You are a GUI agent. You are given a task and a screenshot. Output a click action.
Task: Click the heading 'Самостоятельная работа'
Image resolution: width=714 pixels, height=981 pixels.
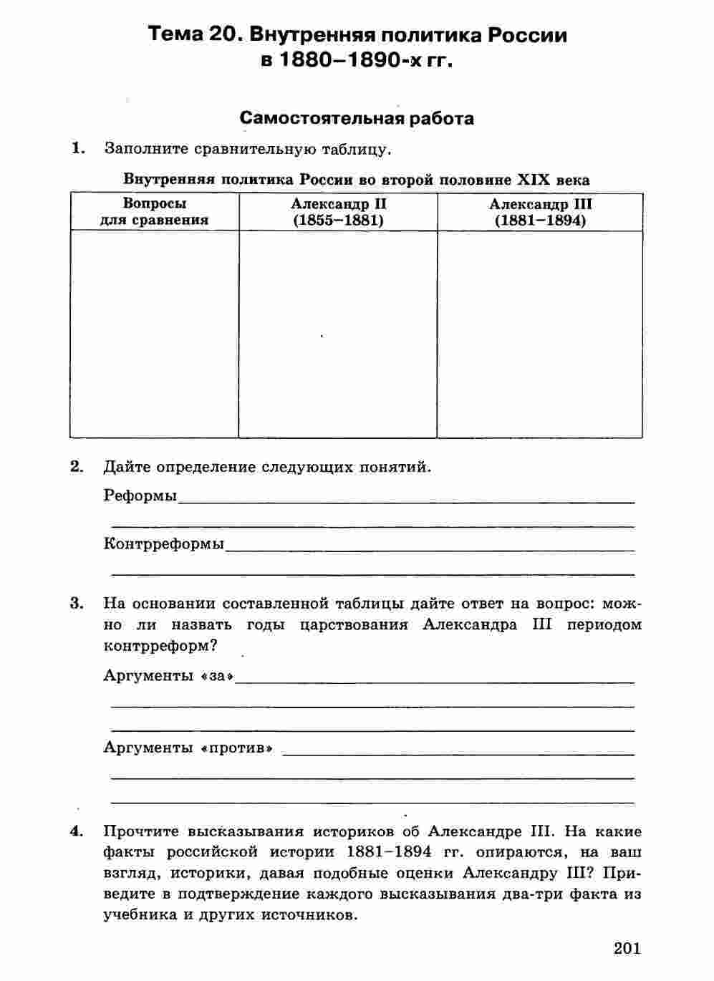coord(357,118)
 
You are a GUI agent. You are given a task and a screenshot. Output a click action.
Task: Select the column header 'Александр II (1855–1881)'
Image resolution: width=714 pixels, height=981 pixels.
coord(338,212)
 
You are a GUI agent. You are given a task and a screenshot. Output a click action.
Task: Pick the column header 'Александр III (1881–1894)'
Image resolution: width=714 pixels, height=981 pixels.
coord(540,212)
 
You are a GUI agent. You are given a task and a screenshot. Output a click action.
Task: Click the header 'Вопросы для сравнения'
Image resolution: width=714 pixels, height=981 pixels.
coord(154,212)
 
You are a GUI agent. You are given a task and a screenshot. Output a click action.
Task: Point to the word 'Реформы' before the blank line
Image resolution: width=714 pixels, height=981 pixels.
coord(140,495)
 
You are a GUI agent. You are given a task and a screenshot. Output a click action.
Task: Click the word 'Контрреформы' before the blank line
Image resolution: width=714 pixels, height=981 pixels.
coord(163,543)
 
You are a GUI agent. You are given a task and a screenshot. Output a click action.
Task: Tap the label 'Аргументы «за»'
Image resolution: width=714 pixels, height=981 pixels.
coord(169,675)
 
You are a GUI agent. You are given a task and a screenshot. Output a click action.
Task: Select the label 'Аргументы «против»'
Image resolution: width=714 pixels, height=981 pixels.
coord(189,748)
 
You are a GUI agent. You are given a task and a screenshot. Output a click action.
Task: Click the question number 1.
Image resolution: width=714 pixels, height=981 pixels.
coord(77,148)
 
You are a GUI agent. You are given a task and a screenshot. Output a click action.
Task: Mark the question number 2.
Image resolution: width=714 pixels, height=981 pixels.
coord(77,467)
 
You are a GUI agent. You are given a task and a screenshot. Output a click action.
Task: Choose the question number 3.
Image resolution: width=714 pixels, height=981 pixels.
coord(77,602)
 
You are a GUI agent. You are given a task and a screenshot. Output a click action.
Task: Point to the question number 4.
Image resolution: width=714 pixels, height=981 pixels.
coord(77,831)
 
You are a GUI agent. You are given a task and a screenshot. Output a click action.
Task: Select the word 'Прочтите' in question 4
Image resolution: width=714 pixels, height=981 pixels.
coord(141,831)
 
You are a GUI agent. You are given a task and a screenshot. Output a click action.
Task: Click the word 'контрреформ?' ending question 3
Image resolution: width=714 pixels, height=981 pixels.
coord(160,644)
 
